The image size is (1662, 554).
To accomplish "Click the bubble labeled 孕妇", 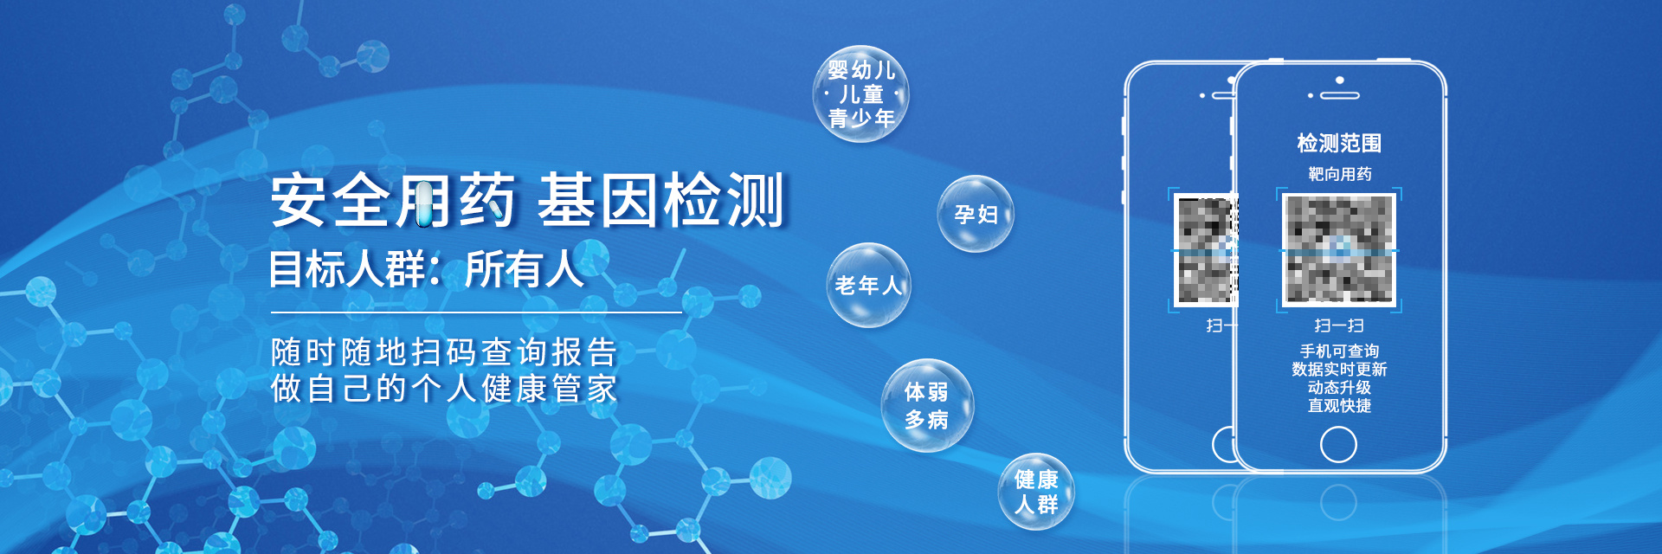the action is (976, 214).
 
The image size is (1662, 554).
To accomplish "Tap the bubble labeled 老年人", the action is (868, 286).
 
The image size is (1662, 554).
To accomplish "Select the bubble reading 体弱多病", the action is (927, 405).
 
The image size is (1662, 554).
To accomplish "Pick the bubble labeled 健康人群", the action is (1036, 492).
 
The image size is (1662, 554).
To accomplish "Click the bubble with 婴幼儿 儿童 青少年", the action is (860, 93).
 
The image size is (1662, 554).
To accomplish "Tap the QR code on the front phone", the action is (1338, 249).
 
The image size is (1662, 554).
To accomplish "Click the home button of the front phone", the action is (1338, 445).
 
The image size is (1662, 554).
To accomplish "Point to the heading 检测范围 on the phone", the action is (1339, 143).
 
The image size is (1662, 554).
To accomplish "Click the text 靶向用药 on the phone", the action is (1339, 174).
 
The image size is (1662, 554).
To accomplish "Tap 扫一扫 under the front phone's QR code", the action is (1339, 325).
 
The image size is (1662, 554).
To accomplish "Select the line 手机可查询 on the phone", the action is (1339, 351).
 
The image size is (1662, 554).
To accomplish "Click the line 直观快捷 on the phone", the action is (1339, 405).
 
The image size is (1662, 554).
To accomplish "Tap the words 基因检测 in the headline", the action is (660, 201).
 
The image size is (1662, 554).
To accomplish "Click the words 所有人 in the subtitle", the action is (524, 268).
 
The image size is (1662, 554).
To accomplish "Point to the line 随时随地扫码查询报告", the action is (444, 352).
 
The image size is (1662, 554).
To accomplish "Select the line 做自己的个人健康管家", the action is (444, 389).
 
